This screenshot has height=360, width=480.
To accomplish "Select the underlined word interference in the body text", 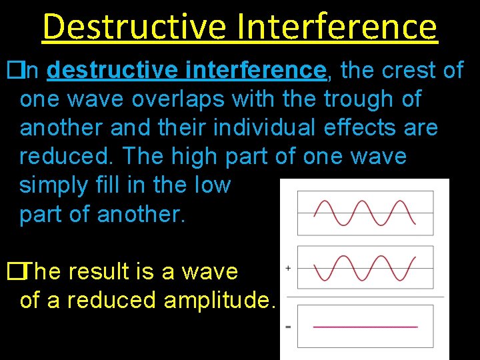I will [x=257, y=70].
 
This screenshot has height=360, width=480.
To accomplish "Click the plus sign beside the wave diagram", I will [x=288, y=268].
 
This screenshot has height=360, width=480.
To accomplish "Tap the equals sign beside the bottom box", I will [x=288, y=327].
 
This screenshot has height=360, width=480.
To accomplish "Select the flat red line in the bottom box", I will [x=365, y=327].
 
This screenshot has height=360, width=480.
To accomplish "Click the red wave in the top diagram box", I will [x=365, y=213].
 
